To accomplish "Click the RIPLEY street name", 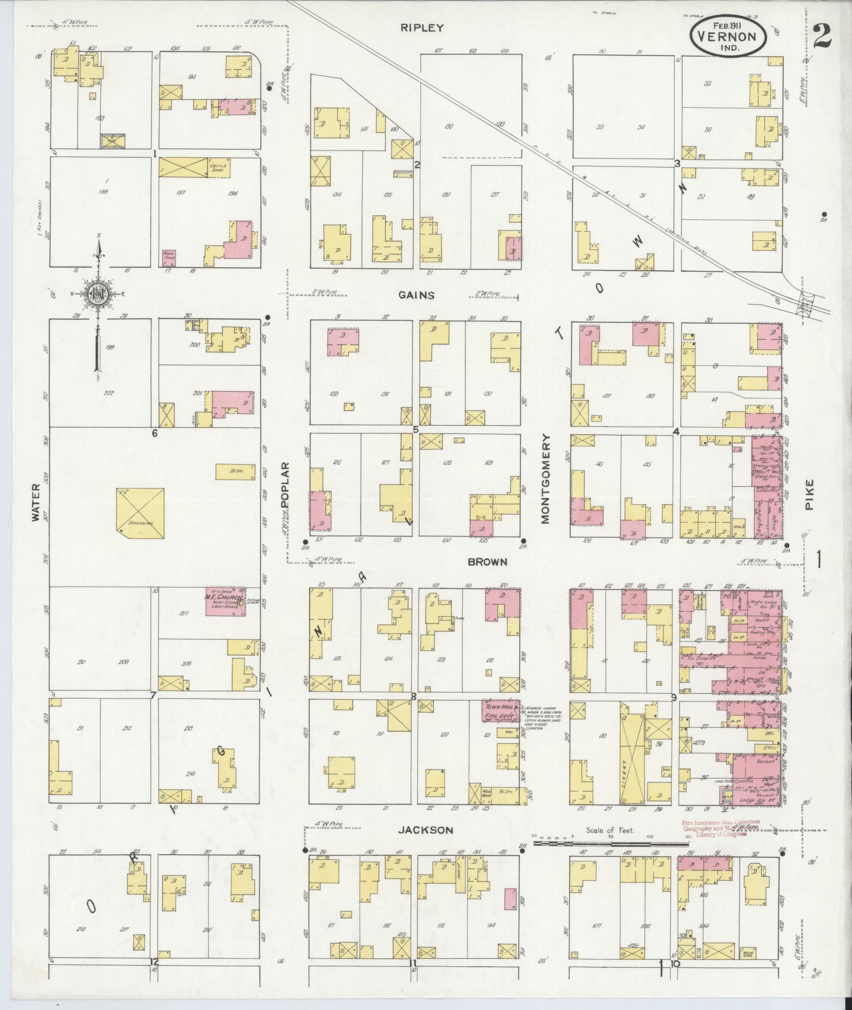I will (x=422, y=28).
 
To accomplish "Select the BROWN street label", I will (x=487, y=562).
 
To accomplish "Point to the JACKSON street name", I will (x=425, y=830).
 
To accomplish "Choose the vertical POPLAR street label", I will (x=285, y=485).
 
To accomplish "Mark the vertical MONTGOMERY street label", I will (x=546, y=479).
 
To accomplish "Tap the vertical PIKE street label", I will (x=810, y=494).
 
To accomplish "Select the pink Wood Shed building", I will (x=168, y=257).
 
